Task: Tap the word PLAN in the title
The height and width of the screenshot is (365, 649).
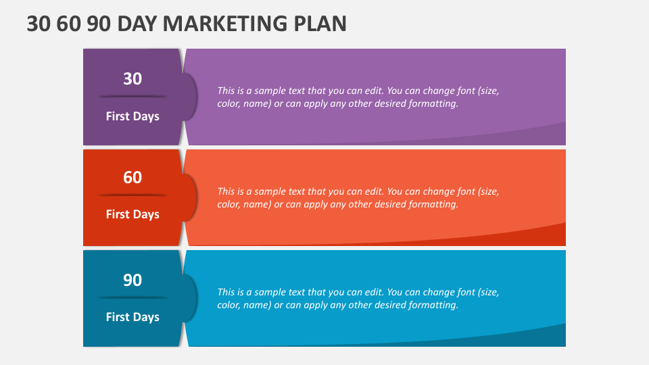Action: [x=320, y=24]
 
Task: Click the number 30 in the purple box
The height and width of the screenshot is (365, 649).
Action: [x=133, y=78]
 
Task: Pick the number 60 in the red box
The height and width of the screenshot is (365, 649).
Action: [x=133, y=178]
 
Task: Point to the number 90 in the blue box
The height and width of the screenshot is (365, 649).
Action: [x=133, y=280]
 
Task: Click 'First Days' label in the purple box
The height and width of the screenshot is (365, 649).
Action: [x=133, y=117]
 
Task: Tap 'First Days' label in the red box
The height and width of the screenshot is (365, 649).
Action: [x=133, y=215]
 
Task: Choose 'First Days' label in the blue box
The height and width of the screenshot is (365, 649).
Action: [x=133, y=318]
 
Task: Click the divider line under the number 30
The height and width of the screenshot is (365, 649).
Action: [x=133, y=97]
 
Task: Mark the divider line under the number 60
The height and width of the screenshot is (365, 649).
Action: [x=133, y=195]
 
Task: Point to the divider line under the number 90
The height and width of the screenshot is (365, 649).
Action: [x=133, y=297]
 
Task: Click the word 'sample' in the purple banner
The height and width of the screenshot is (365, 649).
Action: [x=270, y=91]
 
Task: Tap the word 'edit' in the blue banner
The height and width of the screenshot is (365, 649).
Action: [x=374, y=292]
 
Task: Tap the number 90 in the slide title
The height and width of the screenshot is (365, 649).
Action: [x=99, y=24]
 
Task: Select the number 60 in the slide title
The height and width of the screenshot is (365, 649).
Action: [x=69, y=24]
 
